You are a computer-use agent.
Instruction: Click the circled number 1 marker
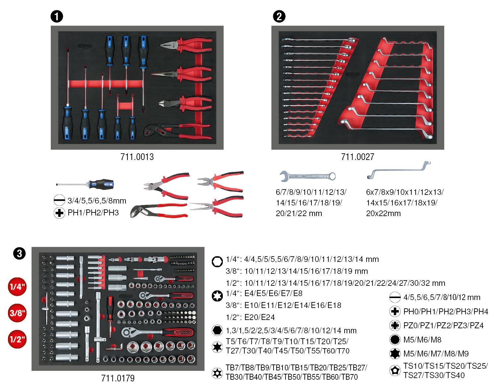pos(57,16)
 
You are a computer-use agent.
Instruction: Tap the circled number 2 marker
pos(279,16)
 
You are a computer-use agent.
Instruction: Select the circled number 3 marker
pos(19,254)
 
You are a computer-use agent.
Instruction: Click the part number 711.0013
pos(137,157)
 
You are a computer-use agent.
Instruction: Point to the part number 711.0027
pos(358,157)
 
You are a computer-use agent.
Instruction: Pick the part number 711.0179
pos(118,378)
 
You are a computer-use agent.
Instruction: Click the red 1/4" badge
pos(17,287)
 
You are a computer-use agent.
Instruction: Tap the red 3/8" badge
pos(17,313)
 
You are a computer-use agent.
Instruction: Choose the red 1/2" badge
pos(17,339)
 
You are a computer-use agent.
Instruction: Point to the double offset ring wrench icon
pos(399,169)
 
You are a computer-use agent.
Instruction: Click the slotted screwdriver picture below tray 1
pos(85,184)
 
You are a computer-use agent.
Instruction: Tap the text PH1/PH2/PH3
pos(93,213)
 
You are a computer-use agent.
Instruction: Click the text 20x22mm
pos(383,213)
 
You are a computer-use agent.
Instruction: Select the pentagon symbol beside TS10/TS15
pos(394,370)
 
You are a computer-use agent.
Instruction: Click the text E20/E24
pos(260,317)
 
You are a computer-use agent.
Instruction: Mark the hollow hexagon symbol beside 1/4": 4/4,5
pos(217,262)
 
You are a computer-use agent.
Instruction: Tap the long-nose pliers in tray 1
pos(181,74)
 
